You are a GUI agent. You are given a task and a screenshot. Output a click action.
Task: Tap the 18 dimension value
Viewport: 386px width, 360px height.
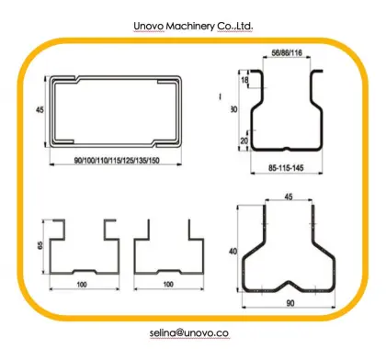(244, 82)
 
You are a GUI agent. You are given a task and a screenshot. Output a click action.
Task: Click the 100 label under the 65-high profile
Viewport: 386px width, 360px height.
(82, 286)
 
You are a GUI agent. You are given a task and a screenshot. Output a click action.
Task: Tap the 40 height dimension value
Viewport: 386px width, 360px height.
(234, 252)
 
